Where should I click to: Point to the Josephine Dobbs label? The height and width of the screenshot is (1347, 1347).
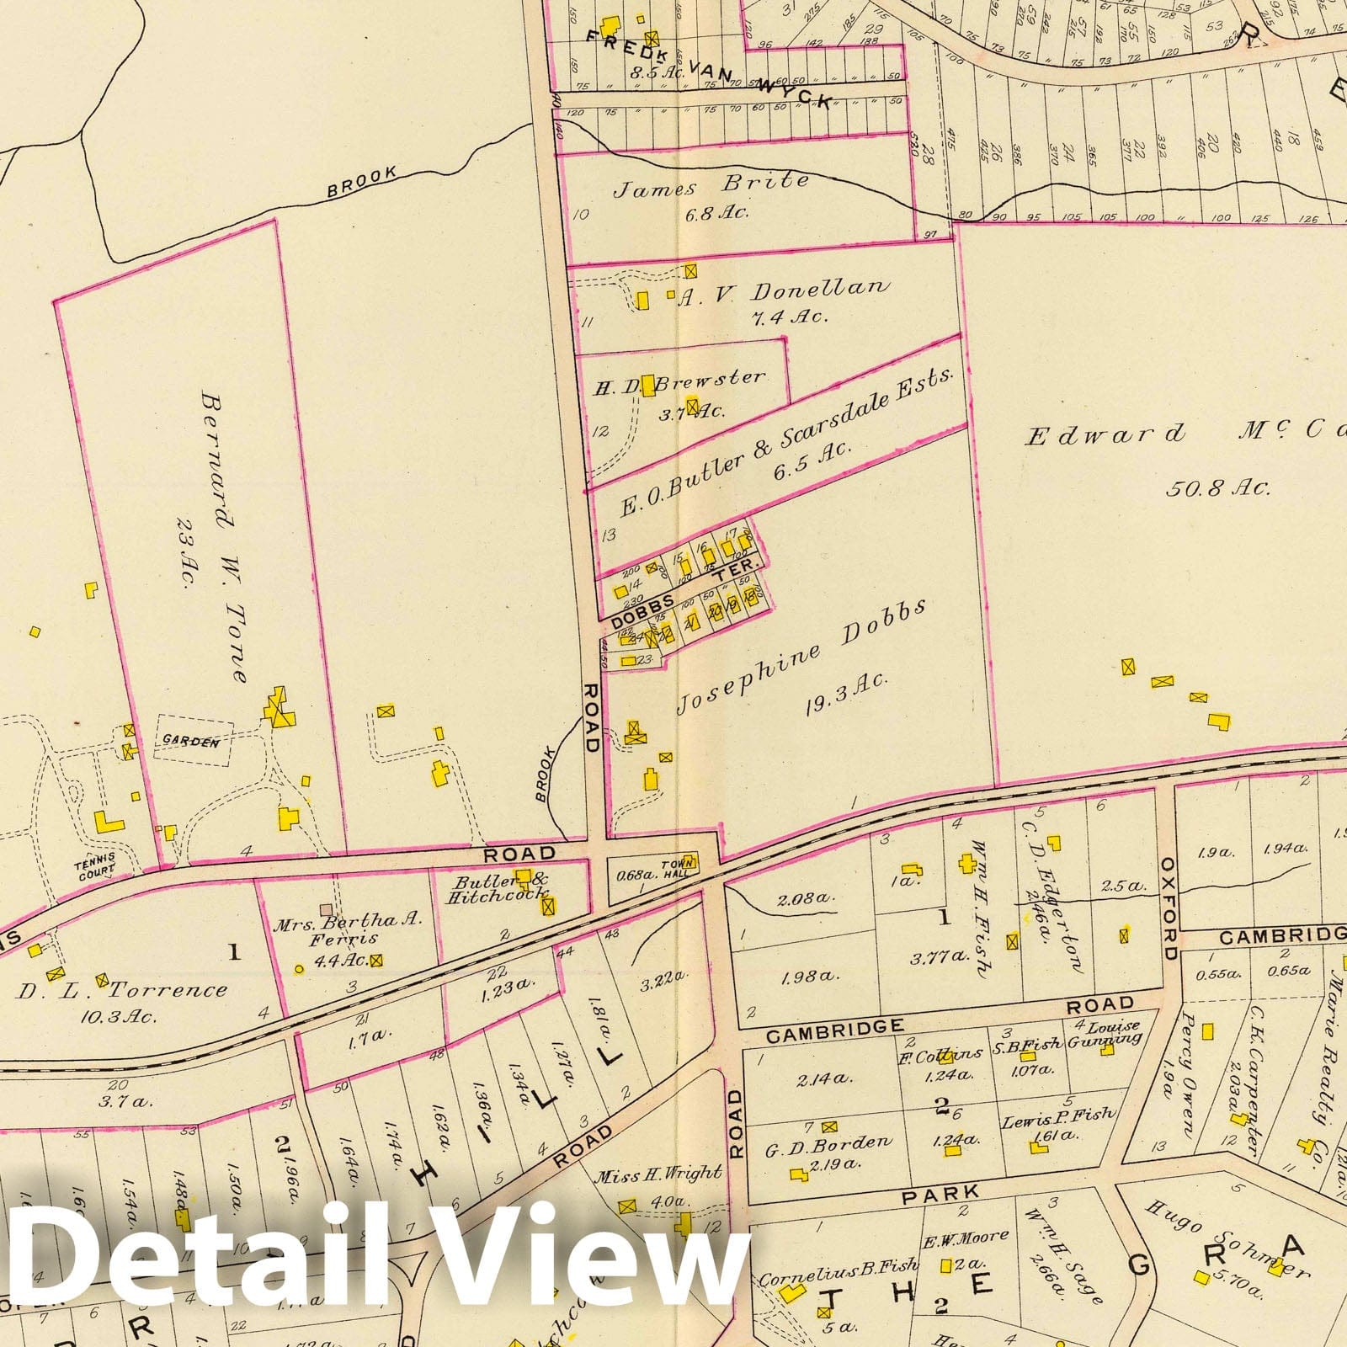(791, 656)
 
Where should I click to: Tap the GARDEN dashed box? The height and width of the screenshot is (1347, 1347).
(192, 742)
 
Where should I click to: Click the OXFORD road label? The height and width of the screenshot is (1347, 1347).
(1169, 908)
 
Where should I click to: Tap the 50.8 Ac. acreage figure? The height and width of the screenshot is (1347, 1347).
(1217, 487)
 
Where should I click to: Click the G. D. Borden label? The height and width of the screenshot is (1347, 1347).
(828, 1143)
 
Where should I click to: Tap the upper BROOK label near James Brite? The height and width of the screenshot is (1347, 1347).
(362, 184)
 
